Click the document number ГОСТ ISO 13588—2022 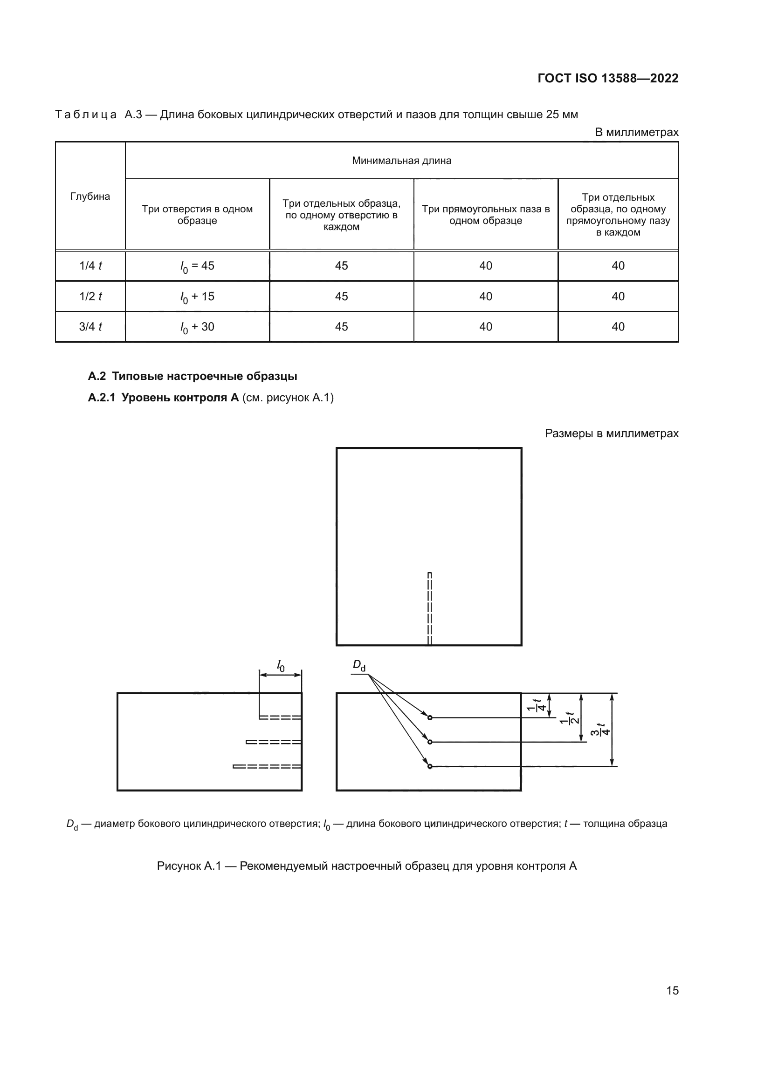point(608,78)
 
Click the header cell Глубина point(90,196)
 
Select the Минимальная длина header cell point(402,161)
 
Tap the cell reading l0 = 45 point(197,266)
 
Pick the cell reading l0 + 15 point(197,297)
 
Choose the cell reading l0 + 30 point(197,327)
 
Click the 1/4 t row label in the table point(90,266)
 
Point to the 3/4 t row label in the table point(90,327)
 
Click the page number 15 point(672,990)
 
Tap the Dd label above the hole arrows point(359,666)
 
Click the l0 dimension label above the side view point(281,666)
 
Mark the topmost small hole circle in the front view point(430,717)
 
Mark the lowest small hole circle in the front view point(430,766)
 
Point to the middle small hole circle point(430,742)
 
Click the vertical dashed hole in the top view point(429,609)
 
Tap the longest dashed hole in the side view point(267,766)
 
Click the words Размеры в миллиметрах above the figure point(612,433)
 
